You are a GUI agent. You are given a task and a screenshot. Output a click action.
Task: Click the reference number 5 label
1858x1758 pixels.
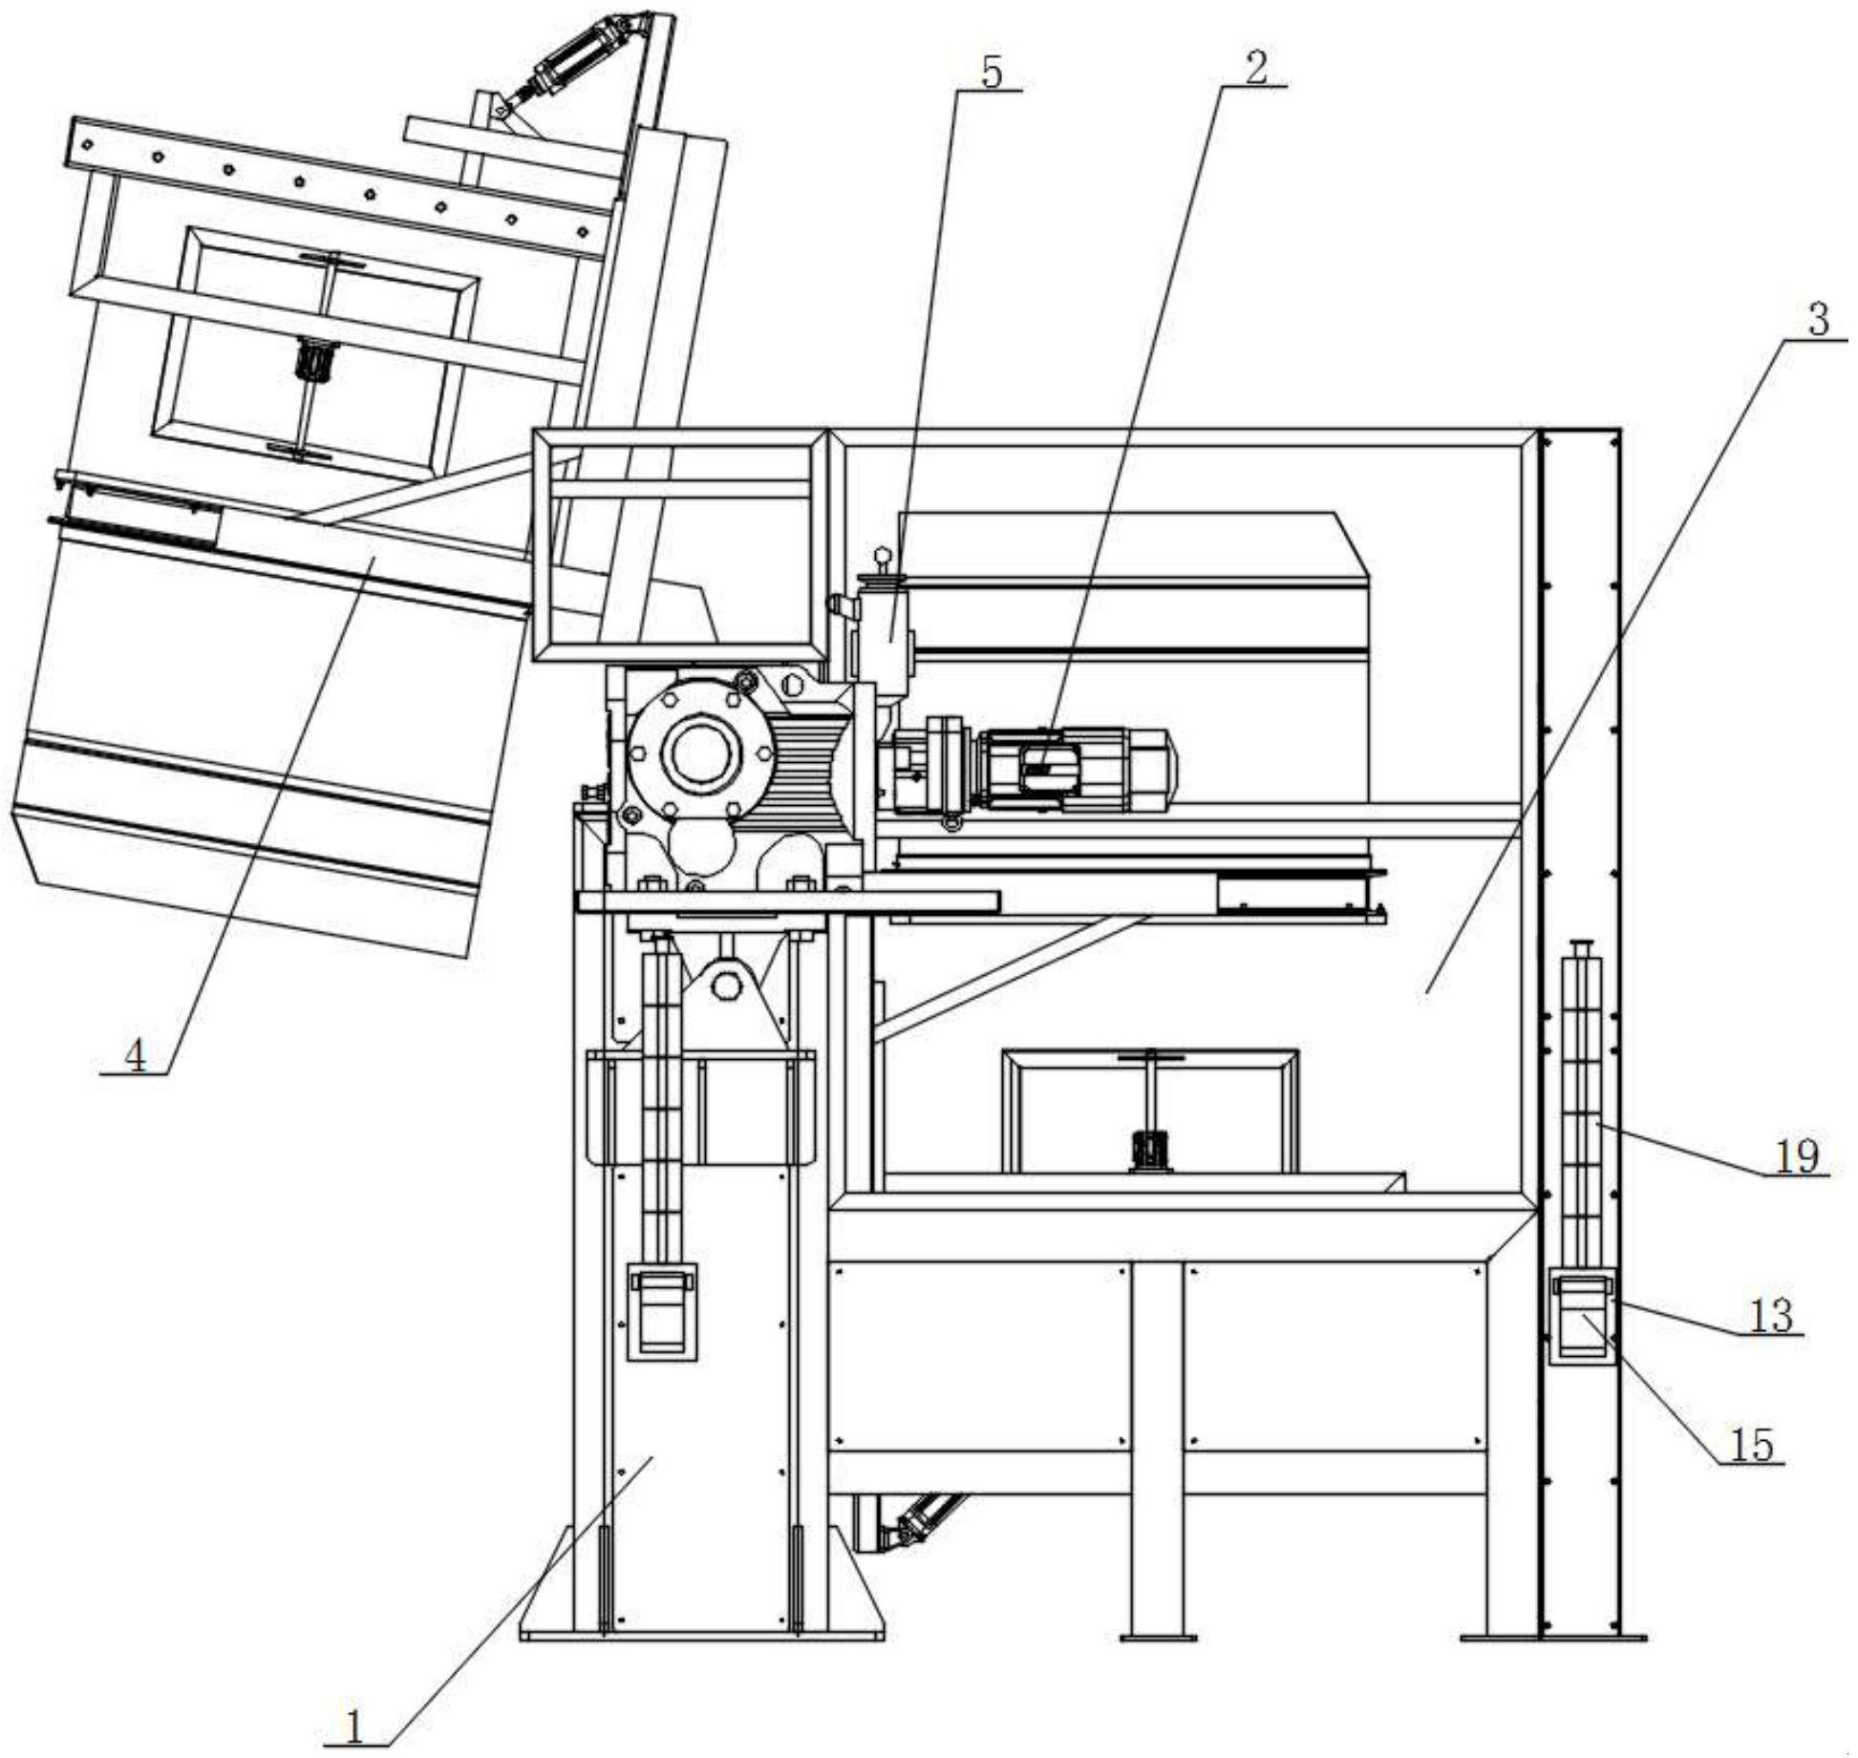(x=992, y=72)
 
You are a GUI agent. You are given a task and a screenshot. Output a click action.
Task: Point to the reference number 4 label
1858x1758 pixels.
(x=136, y=1055)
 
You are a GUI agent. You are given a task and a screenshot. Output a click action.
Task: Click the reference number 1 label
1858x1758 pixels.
(x=354, y=1726)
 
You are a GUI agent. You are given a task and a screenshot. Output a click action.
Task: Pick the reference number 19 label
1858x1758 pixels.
(x=1796, y=1156)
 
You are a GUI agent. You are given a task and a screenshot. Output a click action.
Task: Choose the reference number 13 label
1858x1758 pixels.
(x=1770, y=1316)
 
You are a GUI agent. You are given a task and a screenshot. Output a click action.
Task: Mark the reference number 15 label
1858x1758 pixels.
(x=1752, y=1446)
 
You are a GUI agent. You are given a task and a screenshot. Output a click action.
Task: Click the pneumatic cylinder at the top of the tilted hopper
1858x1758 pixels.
(x=573, y=63)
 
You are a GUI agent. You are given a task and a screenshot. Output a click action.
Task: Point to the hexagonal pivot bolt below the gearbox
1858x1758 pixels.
(x=726, y=984)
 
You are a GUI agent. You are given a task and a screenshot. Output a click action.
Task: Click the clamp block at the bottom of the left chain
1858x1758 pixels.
(x=661, y=1311)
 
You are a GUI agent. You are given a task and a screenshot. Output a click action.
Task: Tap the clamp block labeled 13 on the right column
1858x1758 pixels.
(x=1582, y=1316)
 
